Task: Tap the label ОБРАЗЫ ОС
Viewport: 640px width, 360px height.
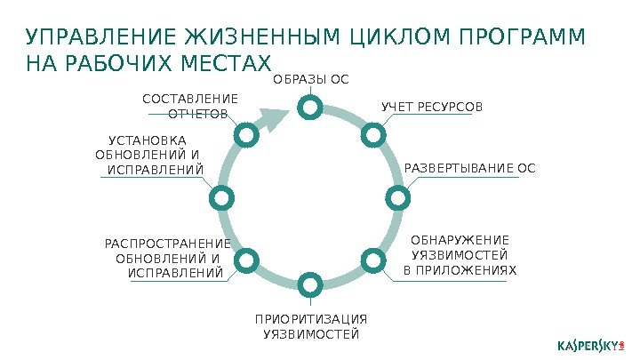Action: (310, 79)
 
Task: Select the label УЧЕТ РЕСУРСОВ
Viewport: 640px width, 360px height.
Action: (432, 108)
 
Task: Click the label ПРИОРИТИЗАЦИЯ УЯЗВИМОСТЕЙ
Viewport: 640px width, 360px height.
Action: (310, 326)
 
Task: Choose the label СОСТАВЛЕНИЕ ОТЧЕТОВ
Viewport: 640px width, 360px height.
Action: (190, 106)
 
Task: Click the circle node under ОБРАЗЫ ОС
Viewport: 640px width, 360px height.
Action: (308, 108)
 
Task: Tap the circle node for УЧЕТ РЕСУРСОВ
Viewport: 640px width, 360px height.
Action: (372, 134)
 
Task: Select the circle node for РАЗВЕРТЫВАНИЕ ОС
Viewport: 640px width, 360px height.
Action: (396, 196)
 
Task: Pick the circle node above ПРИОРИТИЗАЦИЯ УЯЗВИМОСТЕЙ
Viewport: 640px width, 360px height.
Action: (308, 285)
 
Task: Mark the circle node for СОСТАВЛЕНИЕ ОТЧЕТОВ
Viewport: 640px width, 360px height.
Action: (245, 134)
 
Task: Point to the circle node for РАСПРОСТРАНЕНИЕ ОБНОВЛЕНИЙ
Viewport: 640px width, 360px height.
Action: (245, 260)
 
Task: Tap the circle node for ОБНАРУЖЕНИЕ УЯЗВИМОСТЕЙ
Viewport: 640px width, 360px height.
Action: (372, 260)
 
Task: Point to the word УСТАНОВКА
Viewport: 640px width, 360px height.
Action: (147, 140)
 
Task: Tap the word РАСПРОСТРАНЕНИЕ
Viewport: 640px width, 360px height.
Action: (167, 244)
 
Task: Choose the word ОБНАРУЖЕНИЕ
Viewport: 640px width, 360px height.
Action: (460, 240)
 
